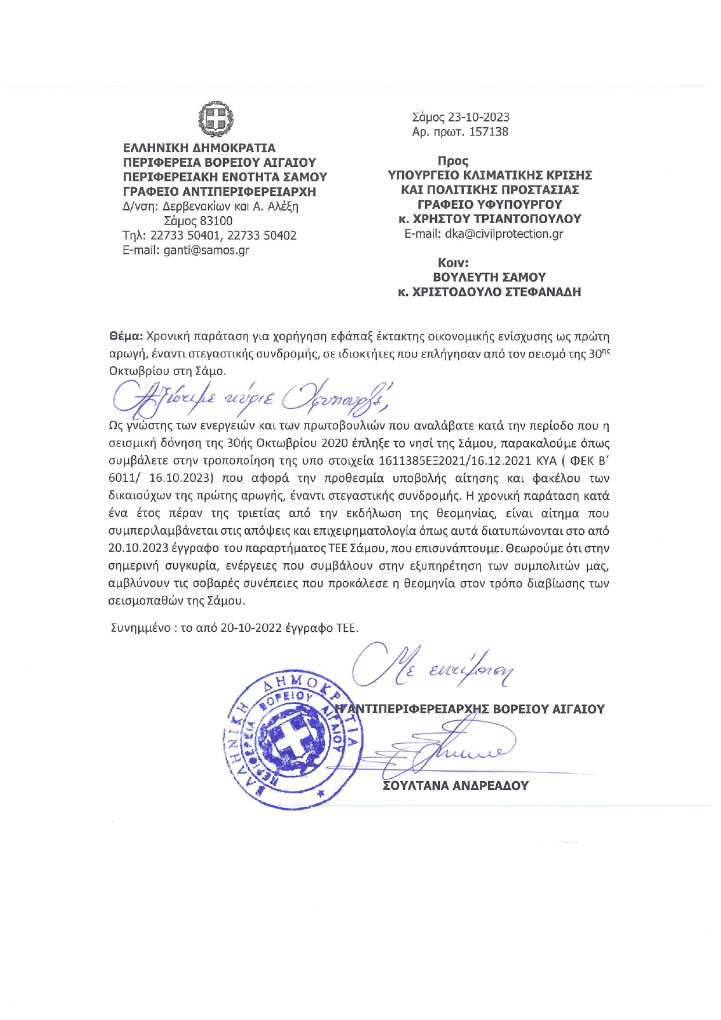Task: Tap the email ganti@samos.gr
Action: (x=206, y=250)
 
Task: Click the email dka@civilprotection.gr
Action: (x=504, y=234)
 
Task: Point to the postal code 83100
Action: (x=216, y=221)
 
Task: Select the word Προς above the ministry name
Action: (x=453, y=161)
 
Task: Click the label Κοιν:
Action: (x=453, y=263)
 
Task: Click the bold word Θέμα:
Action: (x=125, y=337)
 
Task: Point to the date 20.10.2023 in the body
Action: (x=138, y=548)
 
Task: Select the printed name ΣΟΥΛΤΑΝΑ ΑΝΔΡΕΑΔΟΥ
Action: (x=455, y=786)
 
